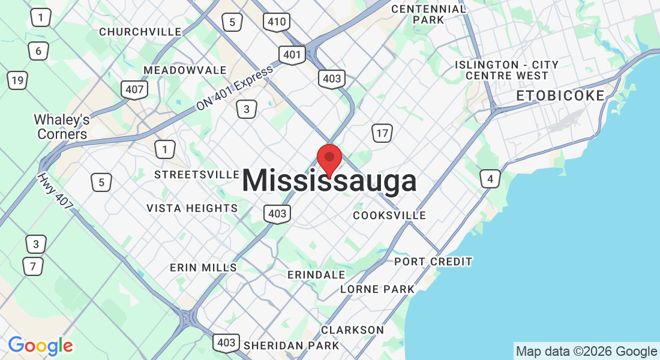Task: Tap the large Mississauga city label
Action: click(x=329, y=181)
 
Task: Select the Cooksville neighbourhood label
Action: click(x=389, y=215)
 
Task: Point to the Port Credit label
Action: click(x=433, y=262)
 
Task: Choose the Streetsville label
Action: click(x=197, y=175)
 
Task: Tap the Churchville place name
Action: click(x=140, y=32)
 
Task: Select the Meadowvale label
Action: click(x=185, y=71)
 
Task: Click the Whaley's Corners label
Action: click(x=62, y=127)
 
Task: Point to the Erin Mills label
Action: click(x=203, y=268)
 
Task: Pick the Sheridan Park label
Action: click(x=291, y=346)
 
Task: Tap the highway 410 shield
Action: click(x=277, y=23)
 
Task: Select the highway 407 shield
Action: click(x=133, y=90)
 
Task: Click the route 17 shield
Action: click(x=382, y=133)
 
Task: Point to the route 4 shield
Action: click(x=490, y=178)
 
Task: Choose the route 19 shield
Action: click(x=17, y=80)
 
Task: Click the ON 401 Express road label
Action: click(x=235, y=88)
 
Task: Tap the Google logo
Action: click(x=40, y=346)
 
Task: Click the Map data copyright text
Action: click(x=586, y=352)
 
